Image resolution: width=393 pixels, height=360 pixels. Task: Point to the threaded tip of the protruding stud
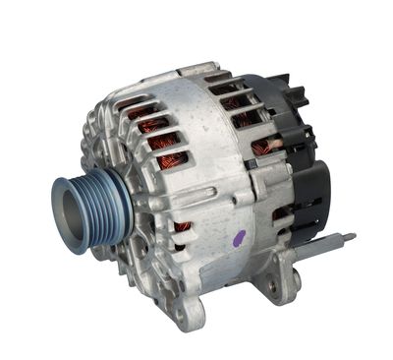click(x=350, y=237)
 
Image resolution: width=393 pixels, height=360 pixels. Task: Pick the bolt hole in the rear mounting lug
click(x=272, y=286)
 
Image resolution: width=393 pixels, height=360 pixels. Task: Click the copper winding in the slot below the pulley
click(x=182, y=228)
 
